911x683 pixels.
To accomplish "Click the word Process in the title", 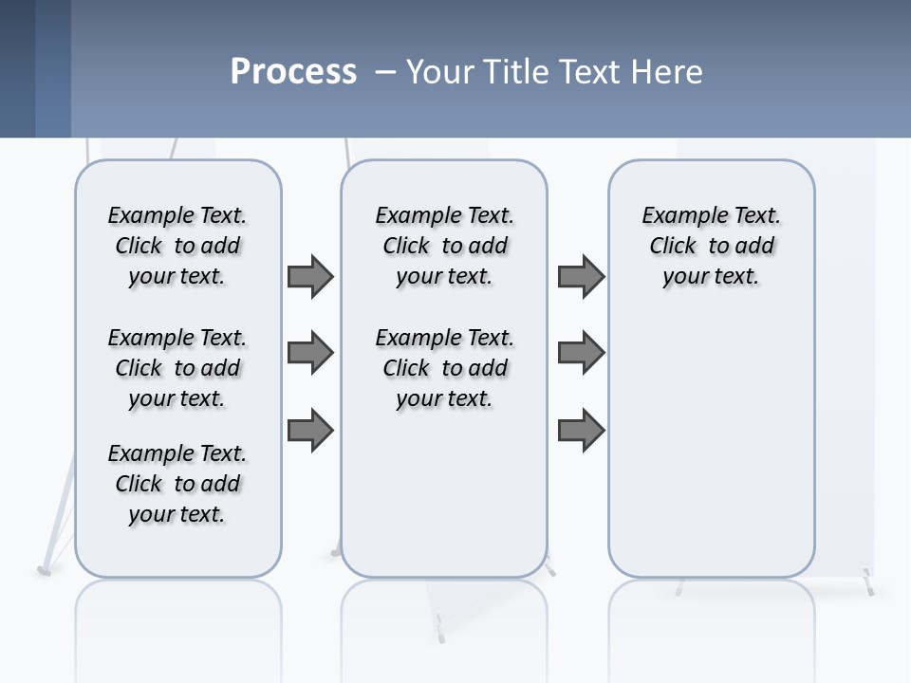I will click(x=293, y=72).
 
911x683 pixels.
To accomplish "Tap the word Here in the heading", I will click(x=669, y=72).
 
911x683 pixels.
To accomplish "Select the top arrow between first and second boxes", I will click(x=310, y=276).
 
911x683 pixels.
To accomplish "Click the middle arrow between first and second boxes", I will click(x=310, y=354).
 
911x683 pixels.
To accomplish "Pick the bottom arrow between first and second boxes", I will click(x=310, y=431).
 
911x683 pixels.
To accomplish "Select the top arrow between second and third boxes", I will click(x=581, y=276).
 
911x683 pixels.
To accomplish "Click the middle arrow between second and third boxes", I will click(x=581, y=354).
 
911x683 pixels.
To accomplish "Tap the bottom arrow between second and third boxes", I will click(x=581, y=431).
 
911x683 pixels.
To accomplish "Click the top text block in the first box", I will click(x=177, y=246).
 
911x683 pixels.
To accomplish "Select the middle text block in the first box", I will click(x=177, y=368).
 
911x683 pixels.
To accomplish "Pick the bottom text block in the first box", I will click(x=177, y=484).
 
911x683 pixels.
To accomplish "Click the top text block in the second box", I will click(x=444, y=246).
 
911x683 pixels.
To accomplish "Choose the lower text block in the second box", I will click(x=444, y=368).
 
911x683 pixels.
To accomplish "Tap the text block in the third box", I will click(x=711, y=246).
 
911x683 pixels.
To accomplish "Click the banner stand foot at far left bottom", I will click(x=45, y=570).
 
